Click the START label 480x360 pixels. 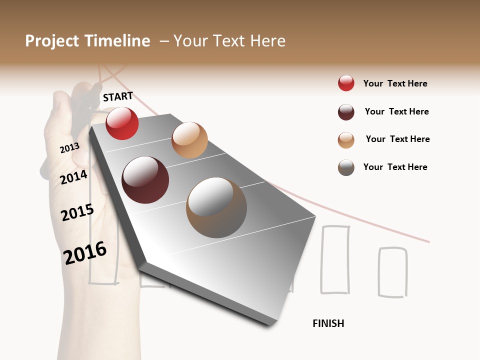click(x=118, y=96)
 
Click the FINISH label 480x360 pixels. click(x=328, y=323)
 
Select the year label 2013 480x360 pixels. click(x=69, y=148)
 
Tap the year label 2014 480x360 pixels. click(x=73, y=177)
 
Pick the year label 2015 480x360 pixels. click(x=77, y=212)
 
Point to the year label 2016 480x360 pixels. click(x=85, y=252)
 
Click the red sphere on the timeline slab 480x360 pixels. click(x=122, y=123)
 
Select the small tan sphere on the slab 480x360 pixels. click(x=189, y=140)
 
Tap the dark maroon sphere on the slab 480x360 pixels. click(x=145, y=180)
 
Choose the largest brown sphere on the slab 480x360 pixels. click(x=216, y=207)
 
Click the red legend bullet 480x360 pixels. click(x=346, y=83)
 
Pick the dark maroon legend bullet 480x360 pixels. click(x=346, y=112)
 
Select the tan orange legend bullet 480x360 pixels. click(x=346, y=140)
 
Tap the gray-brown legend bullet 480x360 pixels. click(x=346, y=167)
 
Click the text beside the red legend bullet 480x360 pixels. click(x=395, y=83)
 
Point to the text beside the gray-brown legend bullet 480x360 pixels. click(x=395, y=167)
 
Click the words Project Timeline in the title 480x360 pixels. click(x=87, y=41)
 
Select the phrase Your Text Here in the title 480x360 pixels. click(x=229, y=41)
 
